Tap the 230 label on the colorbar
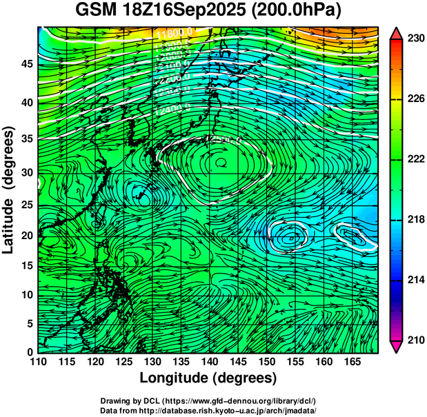415,39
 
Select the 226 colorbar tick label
415,99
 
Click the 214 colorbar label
415,280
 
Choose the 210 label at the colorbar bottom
415,340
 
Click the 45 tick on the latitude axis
26,63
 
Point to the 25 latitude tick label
26,204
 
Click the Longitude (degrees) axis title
208,378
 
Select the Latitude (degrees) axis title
10,189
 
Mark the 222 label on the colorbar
415,159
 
